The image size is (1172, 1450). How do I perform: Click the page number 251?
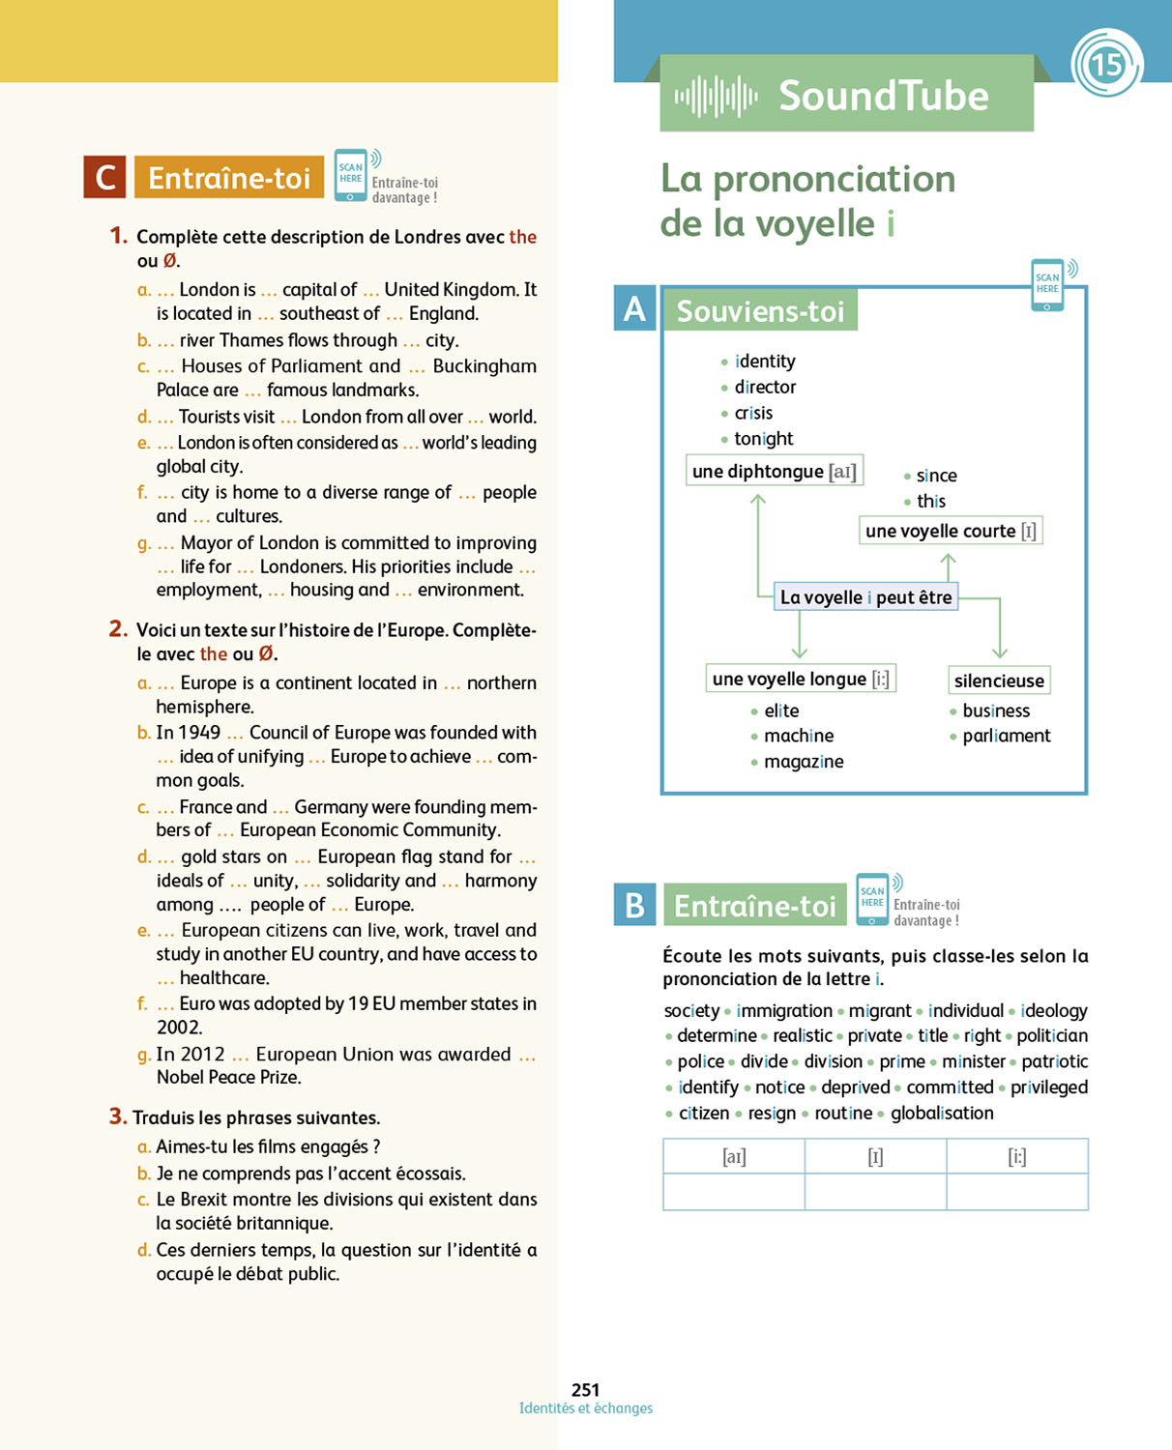tap(585, 1389)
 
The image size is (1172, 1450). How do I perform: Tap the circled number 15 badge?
tap(1106, 65)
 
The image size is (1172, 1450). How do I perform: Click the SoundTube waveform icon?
tap(716, 96)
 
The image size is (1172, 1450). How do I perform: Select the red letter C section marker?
tap(104, 177)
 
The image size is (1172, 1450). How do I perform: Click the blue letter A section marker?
tap(634, 309)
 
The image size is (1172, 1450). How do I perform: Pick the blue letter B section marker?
tap(634, 905)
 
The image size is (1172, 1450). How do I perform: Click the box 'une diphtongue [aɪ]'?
tap(774, 471)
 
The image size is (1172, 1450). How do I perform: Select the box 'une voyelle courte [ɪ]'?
tap(951, 530)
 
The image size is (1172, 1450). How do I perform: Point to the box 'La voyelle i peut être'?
tap(866, 596)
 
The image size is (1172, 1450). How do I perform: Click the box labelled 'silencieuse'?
tap(999, 680)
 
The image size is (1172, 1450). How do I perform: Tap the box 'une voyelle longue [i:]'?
tap(801, 679)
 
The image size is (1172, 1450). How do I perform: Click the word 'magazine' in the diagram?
tap(804, 762)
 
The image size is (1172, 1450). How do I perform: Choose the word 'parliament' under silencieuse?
tap(1006, 736)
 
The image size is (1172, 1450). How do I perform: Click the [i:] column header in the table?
tap(1016, 1156)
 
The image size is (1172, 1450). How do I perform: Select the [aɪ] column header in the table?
tap(734, 1156)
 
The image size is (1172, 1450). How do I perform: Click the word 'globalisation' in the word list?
tap(942, 1113)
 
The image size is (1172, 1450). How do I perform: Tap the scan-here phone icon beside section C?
tap(351, 175)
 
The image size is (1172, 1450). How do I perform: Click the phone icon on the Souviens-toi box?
tap(1047, 285)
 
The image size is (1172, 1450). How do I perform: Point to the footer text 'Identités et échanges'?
tap(585, 1408)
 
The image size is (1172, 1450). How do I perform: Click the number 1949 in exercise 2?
tap(200, 733)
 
